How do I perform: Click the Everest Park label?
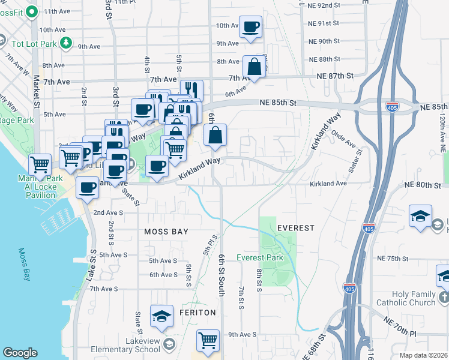pyautogui.click(x=259, y=257)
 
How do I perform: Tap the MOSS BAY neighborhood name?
pyautogui.click(x=166, y=232)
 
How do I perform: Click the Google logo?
pyautogui.click(x=20, y=353)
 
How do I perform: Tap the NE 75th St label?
pyautogui.click(x=393, y=259)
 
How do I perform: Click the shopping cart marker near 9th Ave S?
pyautogui.click(x=208, y=340)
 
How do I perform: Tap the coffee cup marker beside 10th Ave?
pyautogui.click(x=251, y=27)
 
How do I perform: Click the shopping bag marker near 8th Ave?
pyautogui.click(x=255, y=66)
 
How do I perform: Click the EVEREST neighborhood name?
pyautogui.click(x=296, y=228)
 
